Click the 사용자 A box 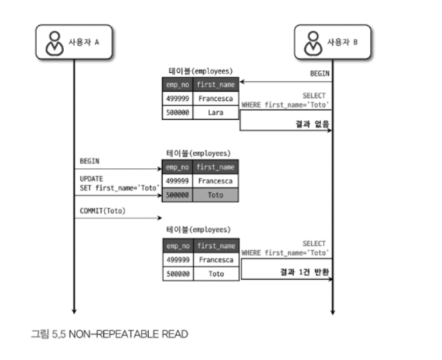[x=74, y=42]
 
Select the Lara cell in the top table [x=216, y=113]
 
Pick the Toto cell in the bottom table [x=216, y=273]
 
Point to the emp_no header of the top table [x=178, y=84]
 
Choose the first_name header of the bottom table [x=216, y=245]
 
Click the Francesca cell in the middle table [x=216, y=181]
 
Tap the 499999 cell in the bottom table [x=178, y=259]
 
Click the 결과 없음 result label [x=312, y=124]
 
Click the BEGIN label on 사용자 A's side [x=90, y=160]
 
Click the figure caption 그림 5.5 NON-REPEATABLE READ [x=109, y=334]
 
